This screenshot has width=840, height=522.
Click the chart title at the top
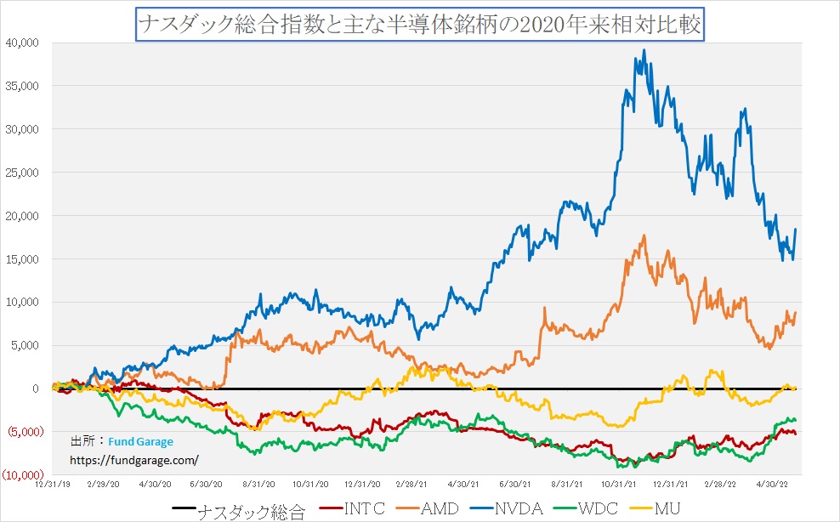[x=419, y=24]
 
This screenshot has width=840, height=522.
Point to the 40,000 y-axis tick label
[x=22, y=43]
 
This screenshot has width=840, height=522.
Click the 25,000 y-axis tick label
[x=22, y=173]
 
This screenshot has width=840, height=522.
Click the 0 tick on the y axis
[x=35, y=389]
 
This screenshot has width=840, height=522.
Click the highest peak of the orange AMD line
[x=644, y=235]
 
